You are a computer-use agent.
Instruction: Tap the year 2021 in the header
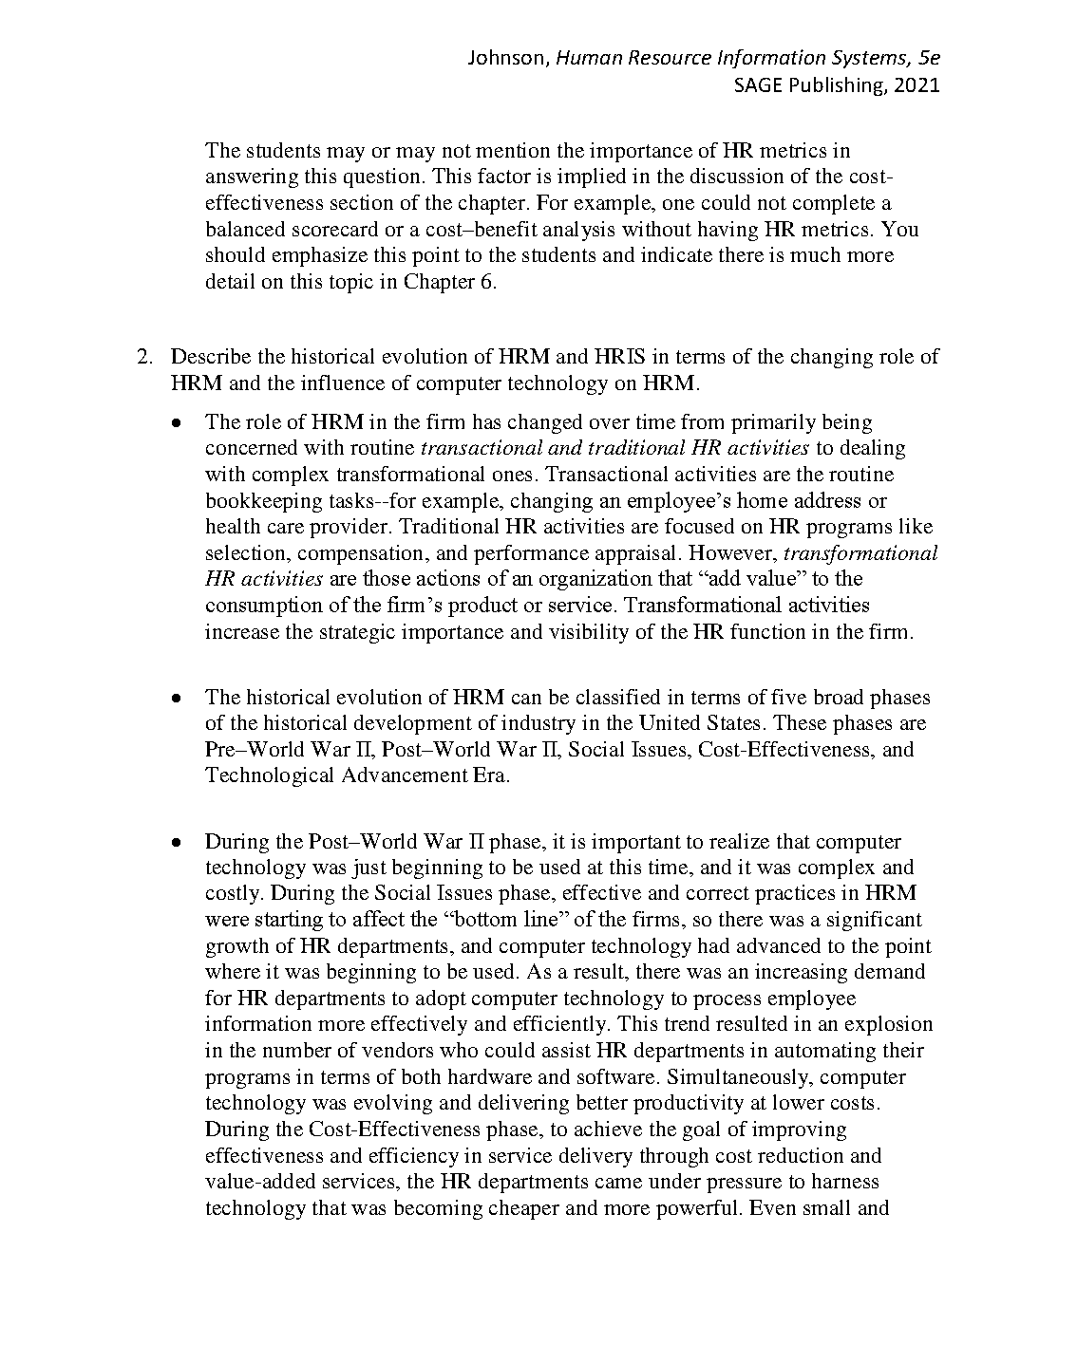(916, 85)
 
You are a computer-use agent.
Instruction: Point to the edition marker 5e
(930, 59)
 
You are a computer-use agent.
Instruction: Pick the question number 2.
(143, 357)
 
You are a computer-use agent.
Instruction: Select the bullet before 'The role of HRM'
(177, 423)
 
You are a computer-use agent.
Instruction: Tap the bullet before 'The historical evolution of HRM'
(177, 699)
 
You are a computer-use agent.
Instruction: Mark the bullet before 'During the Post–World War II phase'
(177, 843)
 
